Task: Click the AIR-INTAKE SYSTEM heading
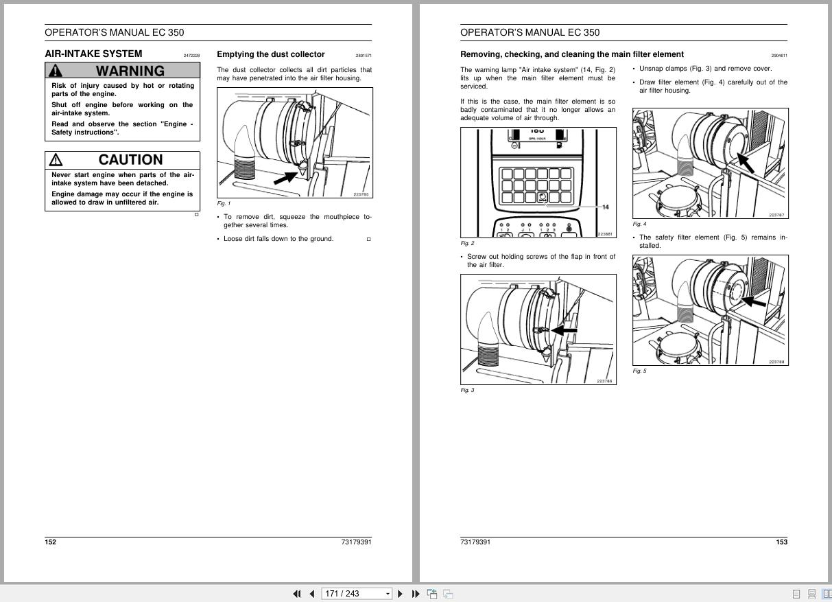(93, 54)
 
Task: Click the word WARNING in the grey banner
(130, 71)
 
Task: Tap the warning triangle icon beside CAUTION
(56, 160)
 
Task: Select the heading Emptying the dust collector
(270, 54)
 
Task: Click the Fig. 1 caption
(224, 203)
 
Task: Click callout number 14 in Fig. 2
(605, 207)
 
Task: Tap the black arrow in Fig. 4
(747, 163)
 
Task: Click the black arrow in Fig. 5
(755, 301)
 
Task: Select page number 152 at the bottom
(51, 542)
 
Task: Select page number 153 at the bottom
(781, 542)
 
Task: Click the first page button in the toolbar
(297, 594)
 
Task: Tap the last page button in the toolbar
(416, 594)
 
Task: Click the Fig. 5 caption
(639, 371)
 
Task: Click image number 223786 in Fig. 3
(604, 381)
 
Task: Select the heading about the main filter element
(571, 54)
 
